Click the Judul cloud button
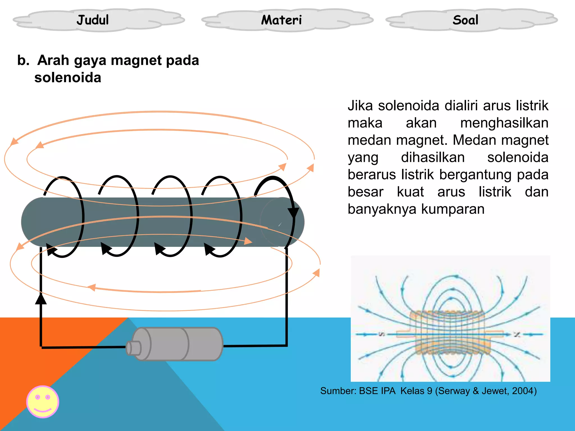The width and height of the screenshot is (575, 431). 93,20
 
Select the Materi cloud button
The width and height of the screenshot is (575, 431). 281,20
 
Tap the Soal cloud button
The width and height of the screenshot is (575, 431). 465,20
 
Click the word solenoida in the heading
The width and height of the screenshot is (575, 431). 68,78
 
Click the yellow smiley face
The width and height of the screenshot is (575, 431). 43,402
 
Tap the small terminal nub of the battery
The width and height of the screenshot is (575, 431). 133,348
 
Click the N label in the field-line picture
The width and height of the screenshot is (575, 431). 517,334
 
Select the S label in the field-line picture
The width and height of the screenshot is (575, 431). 382,334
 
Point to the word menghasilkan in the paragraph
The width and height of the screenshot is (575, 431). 504,123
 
